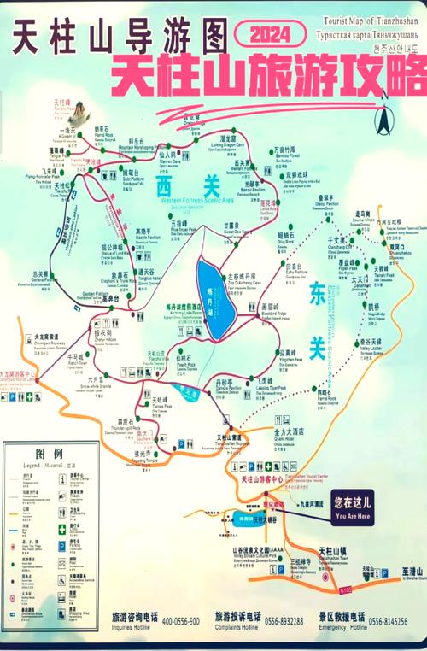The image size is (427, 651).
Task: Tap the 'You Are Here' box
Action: click(353, 509)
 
